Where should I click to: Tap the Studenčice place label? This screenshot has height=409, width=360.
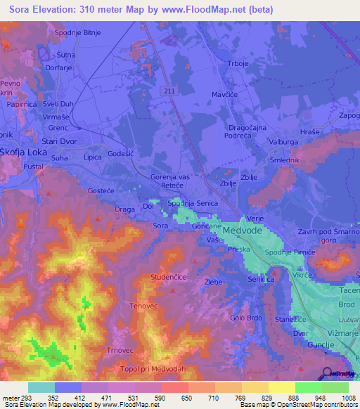[x=168, y=278]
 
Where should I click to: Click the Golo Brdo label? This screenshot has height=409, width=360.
[x=247, y=317]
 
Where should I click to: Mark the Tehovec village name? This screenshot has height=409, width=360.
[x=146, y=306]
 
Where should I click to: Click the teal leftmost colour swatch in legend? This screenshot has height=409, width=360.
[x=41, y=388]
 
